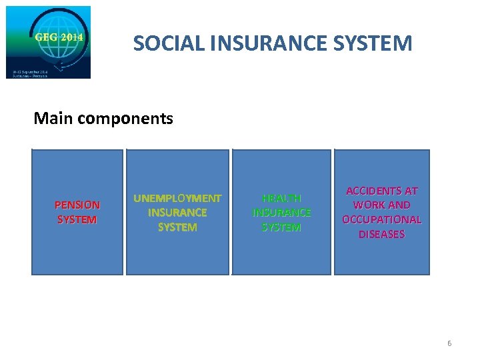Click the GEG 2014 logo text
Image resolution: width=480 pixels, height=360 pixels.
[x=59, y=37]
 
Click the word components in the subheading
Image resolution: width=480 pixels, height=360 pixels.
[x=125, y=119]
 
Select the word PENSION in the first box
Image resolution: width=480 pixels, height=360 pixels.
[x=77, y=205]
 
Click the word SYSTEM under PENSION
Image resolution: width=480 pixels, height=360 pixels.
[x=77, y=219]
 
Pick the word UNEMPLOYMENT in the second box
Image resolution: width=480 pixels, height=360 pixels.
[x=177, y=198]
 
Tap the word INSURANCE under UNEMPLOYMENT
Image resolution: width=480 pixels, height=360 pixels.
[x=177, y=213]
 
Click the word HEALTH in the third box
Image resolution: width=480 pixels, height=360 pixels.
[x=281, y=198]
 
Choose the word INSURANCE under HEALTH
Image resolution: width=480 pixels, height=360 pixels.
[x=281, y=213]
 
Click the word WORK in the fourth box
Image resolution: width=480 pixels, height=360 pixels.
[x=371, y=205]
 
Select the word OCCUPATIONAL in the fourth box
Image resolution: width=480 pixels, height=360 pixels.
[x=382, y=219]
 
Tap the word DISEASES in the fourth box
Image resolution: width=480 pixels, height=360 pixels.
[x=382, y=234]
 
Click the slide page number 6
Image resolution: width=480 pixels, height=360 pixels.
[x=449, y=343]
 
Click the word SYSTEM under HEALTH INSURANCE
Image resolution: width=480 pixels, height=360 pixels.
[x=281, y=227]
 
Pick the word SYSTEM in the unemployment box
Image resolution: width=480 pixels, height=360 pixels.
[x=177, y=227]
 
